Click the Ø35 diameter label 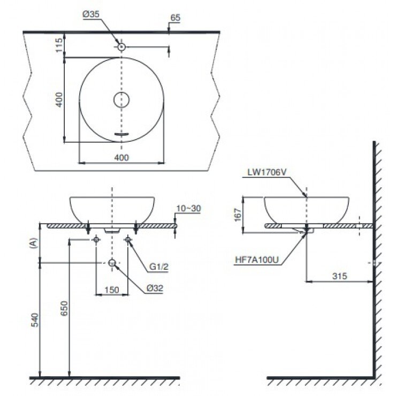click(x=92, y=16)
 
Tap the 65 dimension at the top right click(x=175, y=17)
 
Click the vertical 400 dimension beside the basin click(x=59, y=100)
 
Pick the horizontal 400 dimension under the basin click(x=122, y=157)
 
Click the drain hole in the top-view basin click(x=122, y=100)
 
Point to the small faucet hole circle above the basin click(x=122, y=47)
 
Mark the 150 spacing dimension click(x=111, y=290)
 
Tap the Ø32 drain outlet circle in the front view click(x=112, y=263)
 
